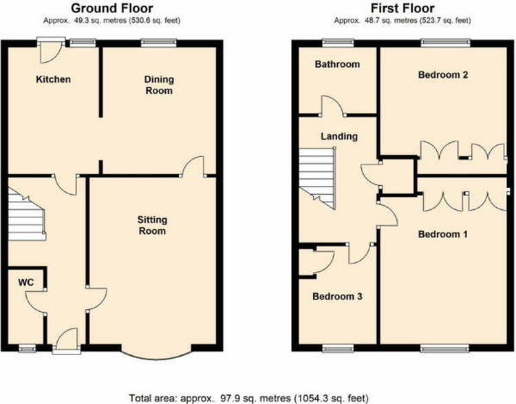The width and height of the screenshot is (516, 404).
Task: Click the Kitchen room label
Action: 53,79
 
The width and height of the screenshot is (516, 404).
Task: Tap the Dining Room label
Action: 159,85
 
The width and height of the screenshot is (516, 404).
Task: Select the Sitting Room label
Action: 152,225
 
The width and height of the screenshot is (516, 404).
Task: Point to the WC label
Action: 26,282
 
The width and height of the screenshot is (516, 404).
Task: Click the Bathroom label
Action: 337,64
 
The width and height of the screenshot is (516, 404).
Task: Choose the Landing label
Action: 339,136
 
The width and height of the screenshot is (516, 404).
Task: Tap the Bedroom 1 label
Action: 442,235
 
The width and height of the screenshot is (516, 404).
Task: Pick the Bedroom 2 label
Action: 443,75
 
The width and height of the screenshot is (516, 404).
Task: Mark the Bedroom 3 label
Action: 337,297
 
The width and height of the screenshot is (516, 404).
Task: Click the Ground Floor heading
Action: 112,8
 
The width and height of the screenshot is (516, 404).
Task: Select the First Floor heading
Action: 402,8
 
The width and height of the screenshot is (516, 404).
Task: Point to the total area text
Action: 248,398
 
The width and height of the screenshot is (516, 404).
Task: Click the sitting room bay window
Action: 156,358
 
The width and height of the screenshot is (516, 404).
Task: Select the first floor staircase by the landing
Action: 317,178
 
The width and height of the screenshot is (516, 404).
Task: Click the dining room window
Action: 159,43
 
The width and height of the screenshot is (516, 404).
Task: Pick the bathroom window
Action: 338,43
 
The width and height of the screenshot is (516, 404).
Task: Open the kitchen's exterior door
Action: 51,50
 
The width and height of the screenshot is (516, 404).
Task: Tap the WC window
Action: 28,349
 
